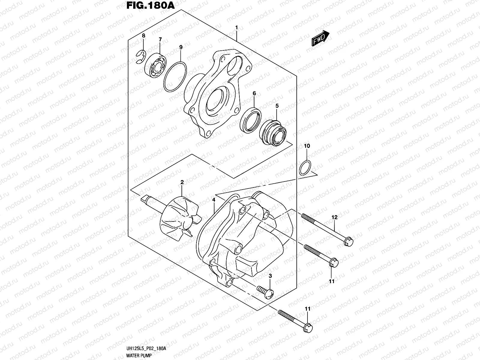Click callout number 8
pos(143,36)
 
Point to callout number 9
pos(181,47)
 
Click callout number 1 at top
pos(236,28)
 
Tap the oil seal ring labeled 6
pos(251,119)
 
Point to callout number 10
pos(307,146)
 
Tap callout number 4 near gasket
pos(214,199)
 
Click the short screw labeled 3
pos(266,292)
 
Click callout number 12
pos(334,217)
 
